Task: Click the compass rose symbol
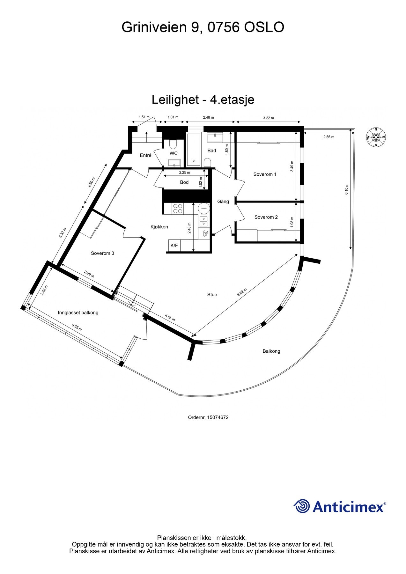click(376, 137)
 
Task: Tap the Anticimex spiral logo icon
click(302, 506)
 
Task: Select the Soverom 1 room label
click(265, 174)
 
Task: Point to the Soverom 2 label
click(266, 217)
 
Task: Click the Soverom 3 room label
click(102, 254)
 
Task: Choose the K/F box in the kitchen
click(174, 246)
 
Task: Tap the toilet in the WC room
click(173, 145)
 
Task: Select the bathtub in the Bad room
click(194, 150)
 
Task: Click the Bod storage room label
click(184, 182)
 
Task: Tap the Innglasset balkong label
click(78, 313)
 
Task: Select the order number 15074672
click(208, 417)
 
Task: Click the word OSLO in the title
click(264, 27)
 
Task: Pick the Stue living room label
click(212, 295)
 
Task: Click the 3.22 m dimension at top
click(268, 118)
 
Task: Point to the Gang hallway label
click(223, 202)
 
